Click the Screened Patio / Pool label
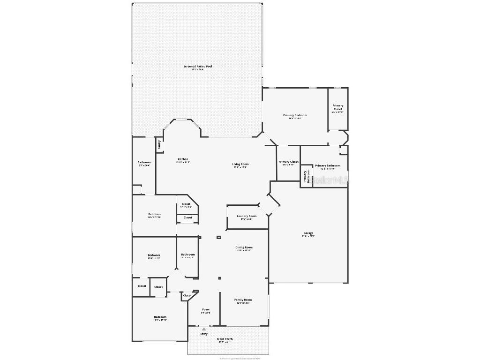[197, 67]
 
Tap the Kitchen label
[183, 159]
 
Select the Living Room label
[240, 165]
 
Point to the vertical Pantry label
[159, 145]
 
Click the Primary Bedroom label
[295, 115]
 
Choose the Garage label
[308, 233]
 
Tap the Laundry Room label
[247, 216]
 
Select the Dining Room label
[244, 247]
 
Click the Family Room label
[243, 300]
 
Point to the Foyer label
[206, 310]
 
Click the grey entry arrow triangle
[204, 329]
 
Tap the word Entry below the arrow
[204, 334]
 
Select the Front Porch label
[225, 339]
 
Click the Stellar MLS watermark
[331, 180]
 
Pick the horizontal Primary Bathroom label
[328, 166]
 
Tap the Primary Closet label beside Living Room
[288, 162]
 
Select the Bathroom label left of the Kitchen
[144, 163]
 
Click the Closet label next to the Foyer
[187, 296]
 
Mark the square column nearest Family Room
[219, 278]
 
